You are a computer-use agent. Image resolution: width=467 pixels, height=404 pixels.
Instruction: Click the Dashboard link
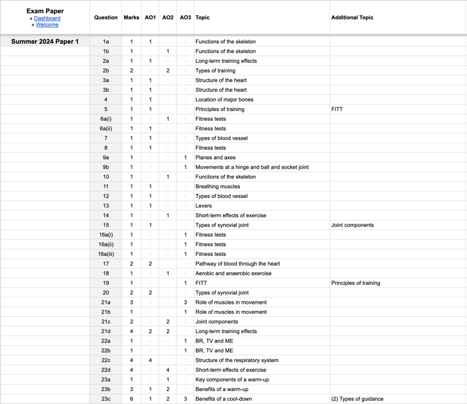point(47,18)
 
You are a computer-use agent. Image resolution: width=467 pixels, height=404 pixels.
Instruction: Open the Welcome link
point(47,25)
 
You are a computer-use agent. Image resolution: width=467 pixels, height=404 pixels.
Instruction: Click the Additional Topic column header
point(352,17)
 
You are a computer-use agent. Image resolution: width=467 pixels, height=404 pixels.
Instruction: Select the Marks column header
point(131,17)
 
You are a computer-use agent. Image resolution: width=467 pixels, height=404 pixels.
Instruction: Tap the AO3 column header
point(185,17)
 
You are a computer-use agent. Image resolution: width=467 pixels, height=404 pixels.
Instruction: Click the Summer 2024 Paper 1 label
point(45,41)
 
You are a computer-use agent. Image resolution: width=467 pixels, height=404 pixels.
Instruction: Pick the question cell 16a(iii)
point(106,254)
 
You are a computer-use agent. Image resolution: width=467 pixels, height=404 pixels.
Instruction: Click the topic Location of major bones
point(224,100)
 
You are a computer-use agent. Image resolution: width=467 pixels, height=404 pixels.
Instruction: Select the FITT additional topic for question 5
point(337,109)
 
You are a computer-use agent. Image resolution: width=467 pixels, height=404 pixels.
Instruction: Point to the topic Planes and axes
point(215,158)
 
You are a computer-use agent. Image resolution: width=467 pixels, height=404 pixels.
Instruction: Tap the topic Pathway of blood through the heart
point(237,264)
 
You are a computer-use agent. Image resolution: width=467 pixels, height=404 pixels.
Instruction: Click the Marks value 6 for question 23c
point(131,399)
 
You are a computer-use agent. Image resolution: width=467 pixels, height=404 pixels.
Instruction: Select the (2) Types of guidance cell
point(357,399)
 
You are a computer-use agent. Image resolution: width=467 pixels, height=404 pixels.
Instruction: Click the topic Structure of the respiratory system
point(237,360)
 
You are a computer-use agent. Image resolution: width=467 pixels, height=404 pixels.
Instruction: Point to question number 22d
point(106,370)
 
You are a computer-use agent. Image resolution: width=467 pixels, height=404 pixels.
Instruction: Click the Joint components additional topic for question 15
point(352,225)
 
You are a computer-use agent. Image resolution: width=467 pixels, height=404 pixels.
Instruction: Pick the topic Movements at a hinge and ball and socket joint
point(252,167)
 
